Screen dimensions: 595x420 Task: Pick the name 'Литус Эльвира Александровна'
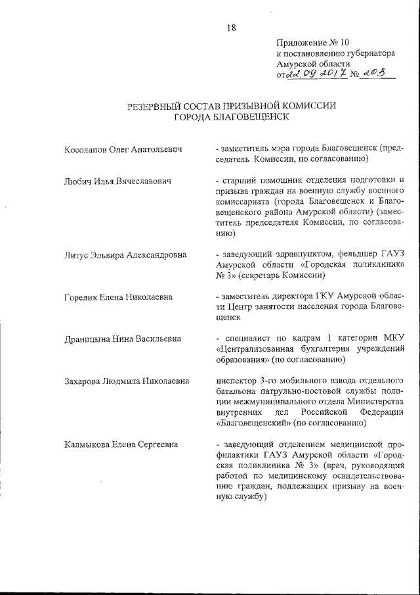pos(125,254)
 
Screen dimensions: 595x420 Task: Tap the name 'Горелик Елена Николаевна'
pos(118,297)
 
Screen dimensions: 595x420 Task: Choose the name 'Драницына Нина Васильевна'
pos(121,339)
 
